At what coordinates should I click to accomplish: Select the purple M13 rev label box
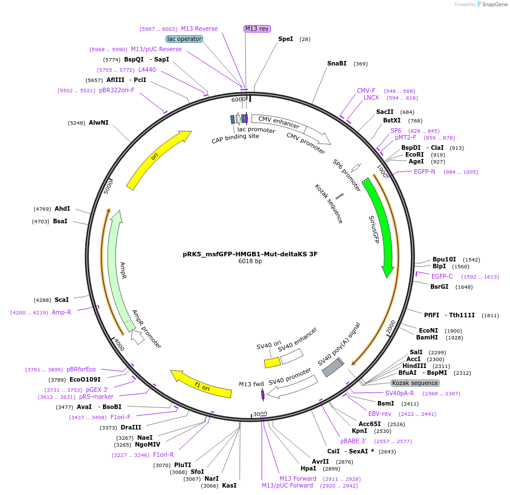(x=257, y=28)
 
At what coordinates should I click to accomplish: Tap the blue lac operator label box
(x=184, y=39)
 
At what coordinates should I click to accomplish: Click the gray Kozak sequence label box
(x=415, y=383)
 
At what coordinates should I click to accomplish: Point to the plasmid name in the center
(x=250, y=254)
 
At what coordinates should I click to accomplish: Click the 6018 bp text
(x=250, y=261)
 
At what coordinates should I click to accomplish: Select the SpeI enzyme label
(x=286, y=39)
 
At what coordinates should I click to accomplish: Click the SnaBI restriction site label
(x=337, y=63)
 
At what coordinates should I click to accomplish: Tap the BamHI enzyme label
(x=426, y=337)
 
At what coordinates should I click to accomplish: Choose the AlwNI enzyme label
(x=98, y=122)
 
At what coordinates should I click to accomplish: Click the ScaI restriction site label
(x=61, y=300)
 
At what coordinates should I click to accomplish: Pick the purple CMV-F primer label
(x=366, y=91)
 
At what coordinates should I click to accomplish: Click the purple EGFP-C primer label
(x=442, y=276)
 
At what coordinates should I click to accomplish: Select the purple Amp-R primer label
(x=61, y=312)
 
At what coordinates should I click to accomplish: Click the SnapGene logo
(x=490, y=5)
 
